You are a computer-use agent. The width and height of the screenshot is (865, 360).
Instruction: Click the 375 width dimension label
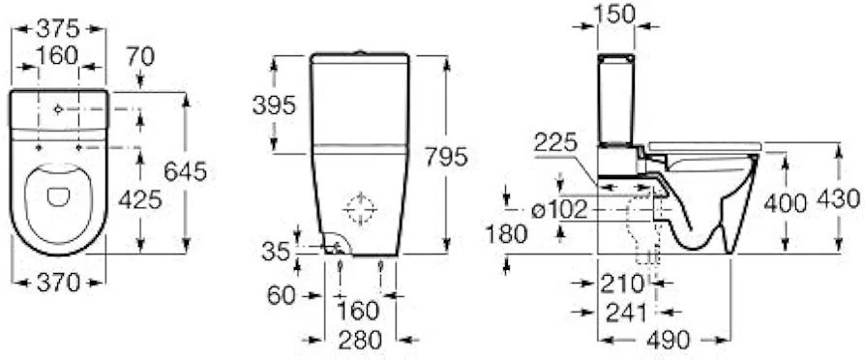pos(58,28)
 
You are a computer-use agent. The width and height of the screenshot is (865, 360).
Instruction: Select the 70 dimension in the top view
pos(140,56)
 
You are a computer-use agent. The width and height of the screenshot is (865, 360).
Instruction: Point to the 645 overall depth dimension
pos(186,172)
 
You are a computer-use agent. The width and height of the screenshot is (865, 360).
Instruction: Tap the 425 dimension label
pos(140,200)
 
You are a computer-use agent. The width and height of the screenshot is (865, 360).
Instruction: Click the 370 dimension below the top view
pos(58,284)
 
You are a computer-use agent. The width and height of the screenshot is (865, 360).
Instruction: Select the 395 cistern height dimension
pos(274,105)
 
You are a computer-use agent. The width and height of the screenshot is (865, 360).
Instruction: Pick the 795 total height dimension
pos(446,157)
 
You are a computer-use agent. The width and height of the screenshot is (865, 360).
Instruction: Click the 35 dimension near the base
pos(277,252)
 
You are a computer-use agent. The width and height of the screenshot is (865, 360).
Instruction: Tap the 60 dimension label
pos(282,295)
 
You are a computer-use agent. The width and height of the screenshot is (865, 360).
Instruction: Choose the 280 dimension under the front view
pos(360,340)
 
